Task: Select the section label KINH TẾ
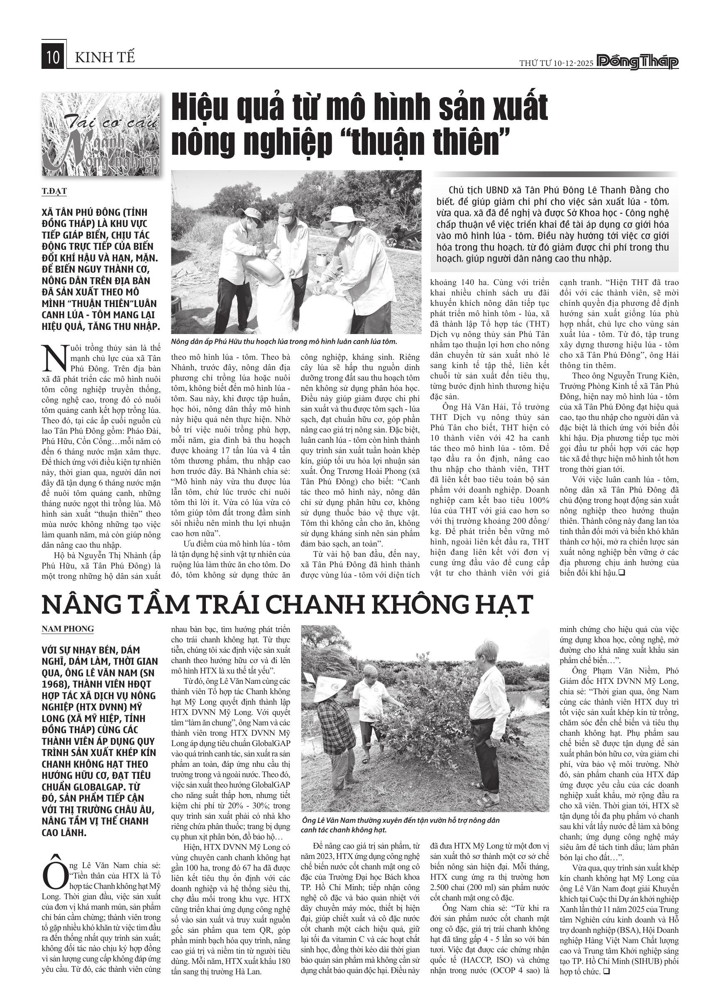105,57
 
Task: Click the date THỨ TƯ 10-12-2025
556,63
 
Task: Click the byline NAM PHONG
68,629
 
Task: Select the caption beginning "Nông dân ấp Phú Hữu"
284,341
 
